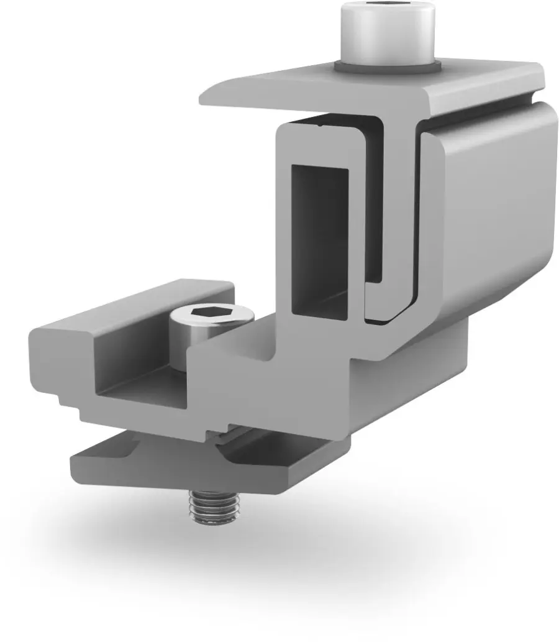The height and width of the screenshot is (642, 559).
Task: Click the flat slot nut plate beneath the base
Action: [155, 463]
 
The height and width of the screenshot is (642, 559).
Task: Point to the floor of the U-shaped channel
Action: [149, 395]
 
